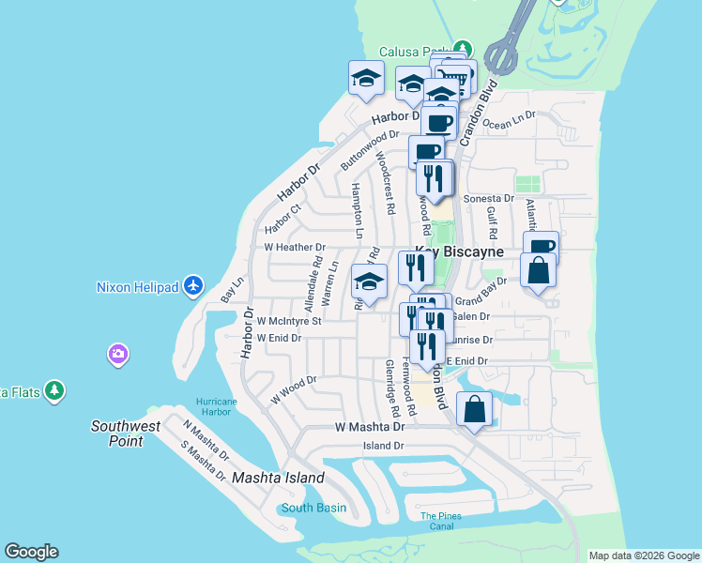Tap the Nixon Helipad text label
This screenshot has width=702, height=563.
(139, 287)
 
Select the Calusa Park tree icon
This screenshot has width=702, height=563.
(462, 48)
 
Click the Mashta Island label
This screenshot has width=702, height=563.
(279, 478)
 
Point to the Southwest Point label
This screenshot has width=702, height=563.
(130, 434)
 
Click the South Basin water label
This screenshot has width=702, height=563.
(313, 508)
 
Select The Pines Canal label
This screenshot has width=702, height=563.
(441, 521)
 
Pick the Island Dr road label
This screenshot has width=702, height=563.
(383, 447)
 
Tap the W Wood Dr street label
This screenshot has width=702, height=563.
(294, 390)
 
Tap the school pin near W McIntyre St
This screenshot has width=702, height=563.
(369, 282)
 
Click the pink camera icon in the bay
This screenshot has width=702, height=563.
(118, 355)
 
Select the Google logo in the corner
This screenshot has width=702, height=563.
(31, 552)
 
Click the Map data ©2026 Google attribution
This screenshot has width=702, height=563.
(644, 555)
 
